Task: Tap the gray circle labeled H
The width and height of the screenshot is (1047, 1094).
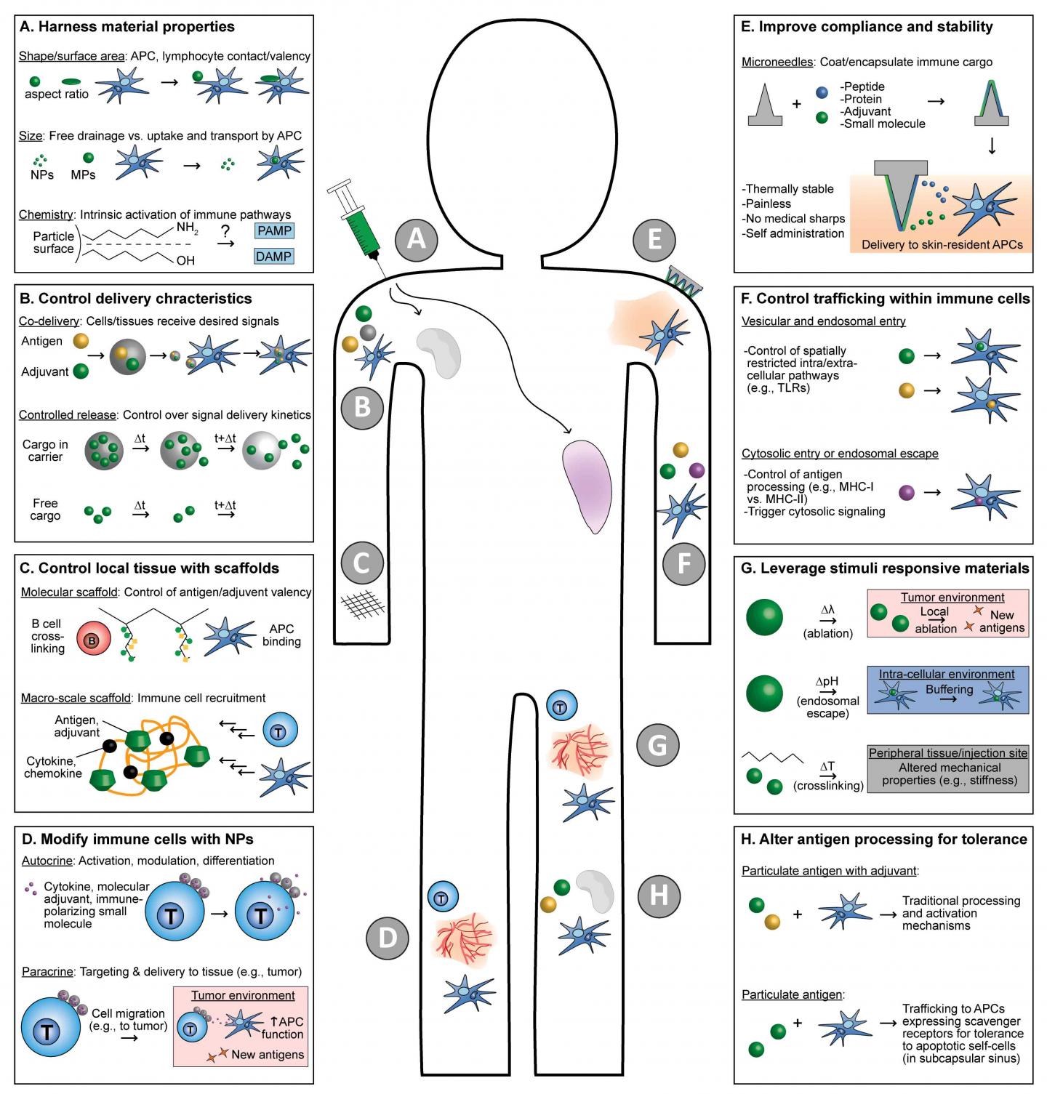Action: click(658, 895)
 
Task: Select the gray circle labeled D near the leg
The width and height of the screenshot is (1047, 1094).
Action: click(388, 938)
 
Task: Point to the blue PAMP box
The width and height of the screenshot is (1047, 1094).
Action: click(273, 231)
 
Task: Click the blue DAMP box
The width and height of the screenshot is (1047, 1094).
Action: click(273, 256)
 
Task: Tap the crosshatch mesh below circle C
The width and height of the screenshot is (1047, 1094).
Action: click(361, 603)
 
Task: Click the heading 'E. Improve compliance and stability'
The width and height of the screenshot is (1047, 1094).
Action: click(866, 28)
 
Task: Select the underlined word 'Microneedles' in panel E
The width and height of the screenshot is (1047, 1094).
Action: click(777, 62)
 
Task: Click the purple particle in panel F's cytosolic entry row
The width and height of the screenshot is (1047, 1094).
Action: click(907, 493)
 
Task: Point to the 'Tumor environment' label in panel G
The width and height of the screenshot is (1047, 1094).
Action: click(952, 598)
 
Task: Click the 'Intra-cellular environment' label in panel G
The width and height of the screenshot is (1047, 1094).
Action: click(947, 674)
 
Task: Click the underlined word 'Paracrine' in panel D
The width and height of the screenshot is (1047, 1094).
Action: click(47, 971)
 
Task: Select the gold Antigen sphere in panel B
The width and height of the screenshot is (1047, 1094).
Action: click(81, 341)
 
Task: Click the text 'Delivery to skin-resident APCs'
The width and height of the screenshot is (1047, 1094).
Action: click(942, 244)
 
